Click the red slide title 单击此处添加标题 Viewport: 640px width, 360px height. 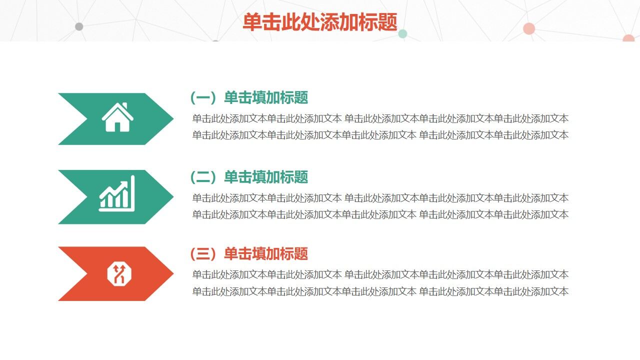[x=320, y=22]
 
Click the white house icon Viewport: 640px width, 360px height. [x=117, y=118]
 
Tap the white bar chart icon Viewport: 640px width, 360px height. [x=117, y=193]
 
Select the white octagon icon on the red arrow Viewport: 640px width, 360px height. [x=118, y=274]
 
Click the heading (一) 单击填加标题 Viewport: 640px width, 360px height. [x=249, y=97]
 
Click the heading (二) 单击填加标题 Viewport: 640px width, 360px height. [x=249, y=177]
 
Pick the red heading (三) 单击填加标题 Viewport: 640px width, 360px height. [x=249, y=254]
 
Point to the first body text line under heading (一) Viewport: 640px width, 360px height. [x=380, y=119]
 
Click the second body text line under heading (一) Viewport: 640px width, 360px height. [x=380, y=135]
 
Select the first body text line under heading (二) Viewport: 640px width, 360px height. [x=380, y=198]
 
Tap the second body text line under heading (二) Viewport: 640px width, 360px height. [x=380, y=215]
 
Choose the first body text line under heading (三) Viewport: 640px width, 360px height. [x=380, y=275]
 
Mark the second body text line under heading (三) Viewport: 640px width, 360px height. [x=380, y=291]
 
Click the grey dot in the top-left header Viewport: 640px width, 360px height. [x=79, y=26]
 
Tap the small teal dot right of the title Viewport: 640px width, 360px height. [x=402, y=34]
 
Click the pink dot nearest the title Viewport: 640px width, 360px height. [x=529, y=28]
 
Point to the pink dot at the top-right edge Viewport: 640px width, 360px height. [x=628, y=38]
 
